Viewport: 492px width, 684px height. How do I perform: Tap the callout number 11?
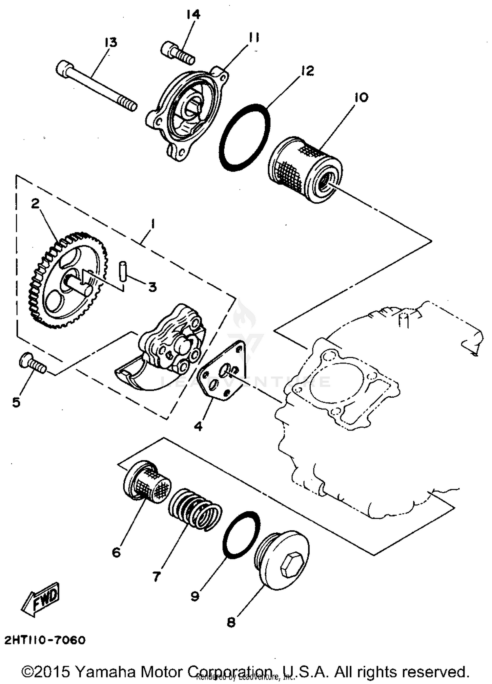click(254, 38)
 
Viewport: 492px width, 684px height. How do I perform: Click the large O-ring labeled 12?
click(244, 138)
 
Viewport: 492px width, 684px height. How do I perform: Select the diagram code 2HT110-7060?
click(45, 640)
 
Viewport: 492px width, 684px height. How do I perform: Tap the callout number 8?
click(231, 622)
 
